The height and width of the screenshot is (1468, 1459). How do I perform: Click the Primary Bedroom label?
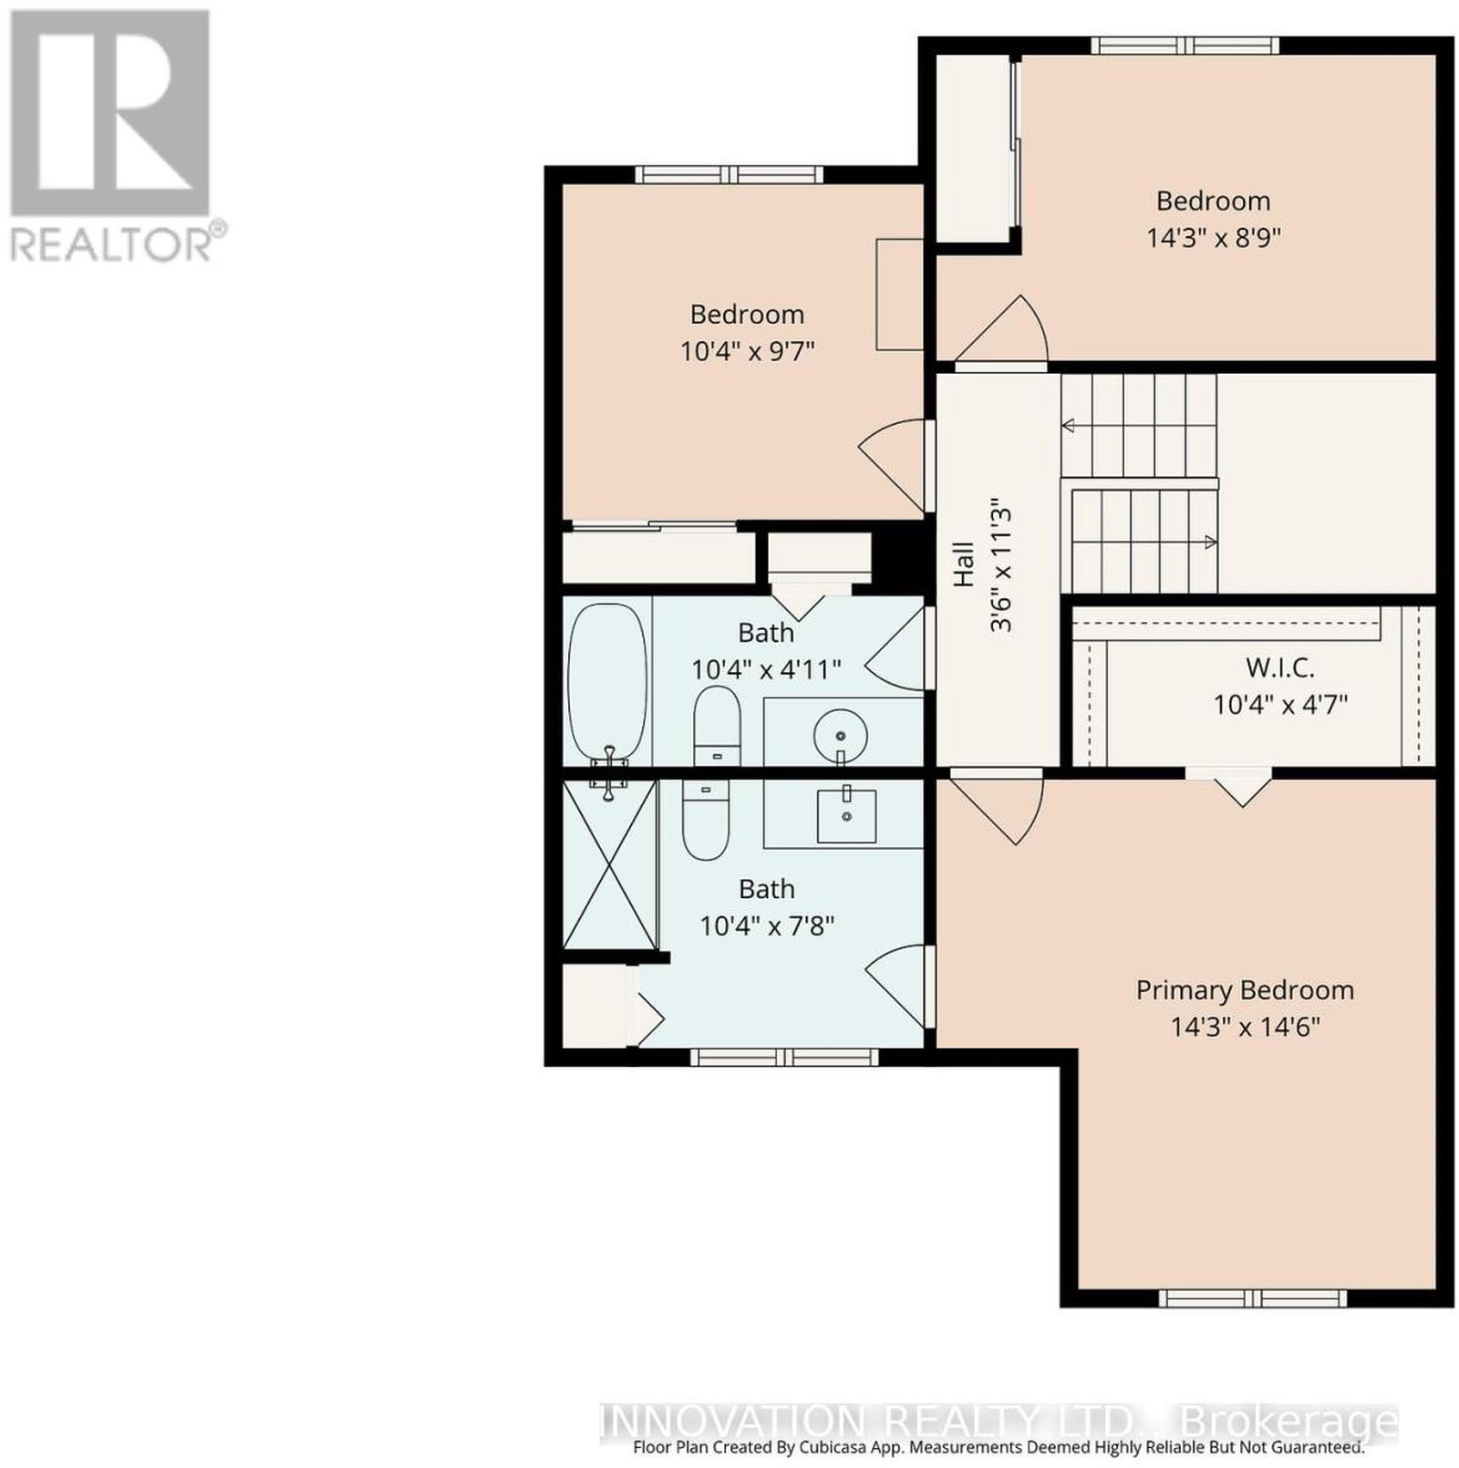(1245, 990)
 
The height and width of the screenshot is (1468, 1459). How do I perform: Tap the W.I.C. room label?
(1280, 667)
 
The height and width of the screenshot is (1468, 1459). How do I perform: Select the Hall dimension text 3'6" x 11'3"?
(1001, 565)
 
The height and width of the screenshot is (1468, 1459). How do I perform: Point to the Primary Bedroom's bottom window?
(1253, 1297)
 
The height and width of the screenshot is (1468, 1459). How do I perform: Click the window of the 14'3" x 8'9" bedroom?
(1185, 46)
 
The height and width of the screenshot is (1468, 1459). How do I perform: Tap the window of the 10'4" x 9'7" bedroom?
(729, 174)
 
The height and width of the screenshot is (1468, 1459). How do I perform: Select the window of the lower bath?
(783, 1057)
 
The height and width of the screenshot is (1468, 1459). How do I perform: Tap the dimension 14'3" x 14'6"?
(1246, 1028)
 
